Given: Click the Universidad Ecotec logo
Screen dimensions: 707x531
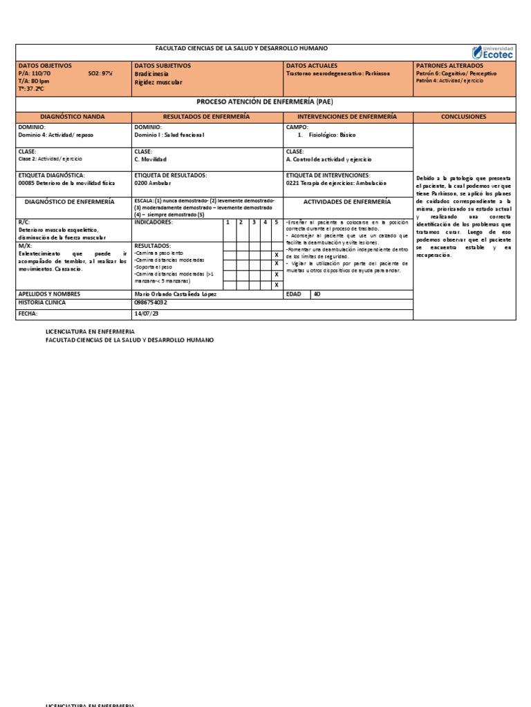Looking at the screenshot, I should click(493, 52).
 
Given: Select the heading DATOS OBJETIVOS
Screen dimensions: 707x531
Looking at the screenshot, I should click(45, 65).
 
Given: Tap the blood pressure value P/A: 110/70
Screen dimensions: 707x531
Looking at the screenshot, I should click(35, 72).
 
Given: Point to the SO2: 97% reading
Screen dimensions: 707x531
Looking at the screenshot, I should click(100, 72).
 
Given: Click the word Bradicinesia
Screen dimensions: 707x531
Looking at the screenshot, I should click(152, 72).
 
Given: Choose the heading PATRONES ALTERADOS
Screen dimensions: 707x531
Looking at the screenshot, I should click(449, 65).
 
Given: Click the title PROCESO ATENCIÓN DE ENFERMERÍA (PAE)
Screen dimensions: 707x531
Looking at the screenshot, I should click(265, 101).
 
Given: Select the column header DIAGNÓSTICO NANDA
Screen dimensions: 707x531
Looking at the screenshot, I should click(73, 117).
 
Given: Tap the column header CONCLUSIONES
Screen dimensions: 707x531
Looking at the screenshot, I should click(463, 117).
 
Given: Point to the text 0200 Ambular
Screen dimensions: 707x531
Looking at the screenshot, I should click(153, 183).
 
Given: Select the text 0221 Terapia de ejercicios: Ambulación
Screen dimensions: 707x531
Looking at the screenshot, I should click(336, 183).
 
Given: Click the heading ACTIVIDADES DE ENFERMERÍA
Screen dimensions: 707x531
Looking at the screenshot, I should click(348, 202).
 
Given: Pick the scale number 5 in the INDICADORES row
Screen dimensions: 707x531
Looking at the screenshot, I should click(275, 222).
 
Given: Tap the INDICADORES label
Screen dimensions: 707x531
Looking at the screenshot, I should click(153, 222).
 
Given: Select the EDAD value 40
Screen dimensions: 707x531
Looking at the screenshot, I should click(317, 293).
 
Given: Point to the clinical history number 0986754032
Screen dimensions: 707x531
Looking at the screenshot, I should click(151, 302).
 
